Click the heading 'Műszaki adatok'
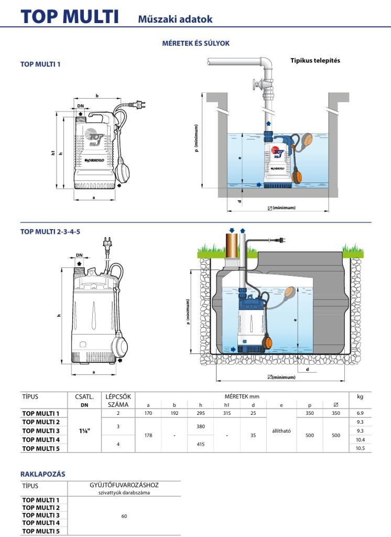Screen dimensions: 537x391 click(x=175, y=19)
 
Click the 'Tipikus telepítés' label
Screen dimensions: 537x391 click(x=315, y=60)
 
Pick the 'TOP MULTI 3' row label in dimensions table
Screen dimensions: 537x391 click(x=41, y=431)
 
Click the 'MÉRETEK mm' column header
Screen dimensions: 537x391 click(x=242, y=396)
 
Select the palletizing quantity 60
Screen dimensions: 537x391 click(x=124, y=516)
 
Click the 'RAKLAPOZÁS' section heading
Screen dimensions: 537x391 click(x=42, y=474)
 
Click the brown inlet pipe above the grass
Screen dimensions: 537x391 click(x=231, y=245)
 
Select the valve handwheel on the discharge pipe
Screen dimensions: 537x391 click(x=256, y=84)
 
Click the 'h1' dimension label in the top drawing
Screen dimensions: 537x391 click(x=53, y=153)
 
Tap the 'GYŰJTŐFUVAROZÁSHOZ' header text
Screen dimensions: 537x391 click(x=124, y=486)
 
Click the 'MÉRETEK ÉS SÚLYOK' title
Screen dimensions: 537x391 click(x=195, y=44)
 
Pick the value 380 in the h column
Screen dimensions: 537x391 click(x=200, y=426)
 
